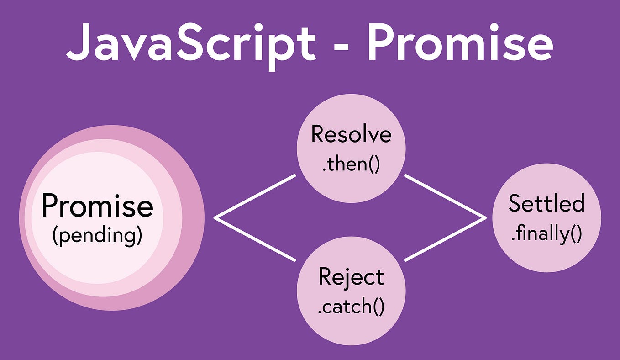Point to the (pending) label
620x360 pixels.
tap(97, 236)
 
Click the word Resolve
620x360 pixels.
tap(351, 134)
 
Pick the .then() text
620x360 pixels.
tap(351, 164)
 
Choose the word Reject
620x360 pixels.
tap(351, 277)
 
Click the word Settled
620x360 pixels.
tap(546, 203)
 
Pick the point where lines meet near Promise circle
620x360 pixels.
tap(215, 218)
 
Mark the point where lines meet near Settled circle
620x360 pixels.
tap(485, 218)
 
